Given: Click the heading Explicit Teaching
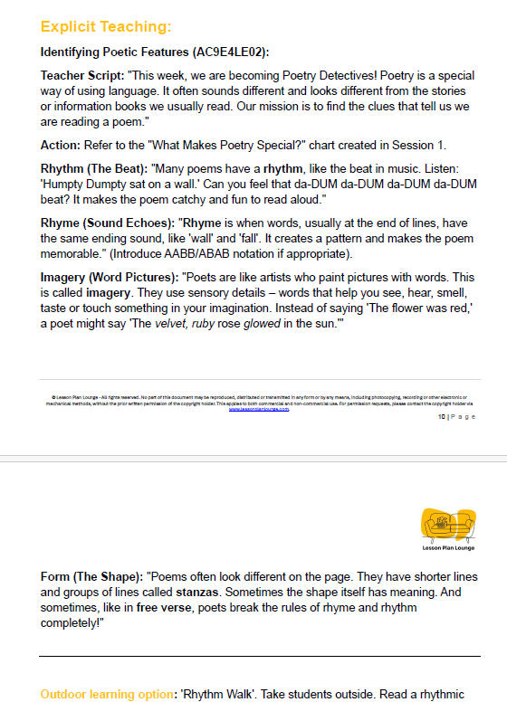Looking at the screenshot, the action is (105, 26).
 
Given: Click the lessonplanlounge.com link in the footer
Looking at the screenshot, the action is (260, 409).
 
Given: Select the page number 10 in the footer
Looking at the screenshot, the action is (441, 417).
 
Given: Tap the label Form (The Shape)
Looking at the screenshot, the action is (91, 576).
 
